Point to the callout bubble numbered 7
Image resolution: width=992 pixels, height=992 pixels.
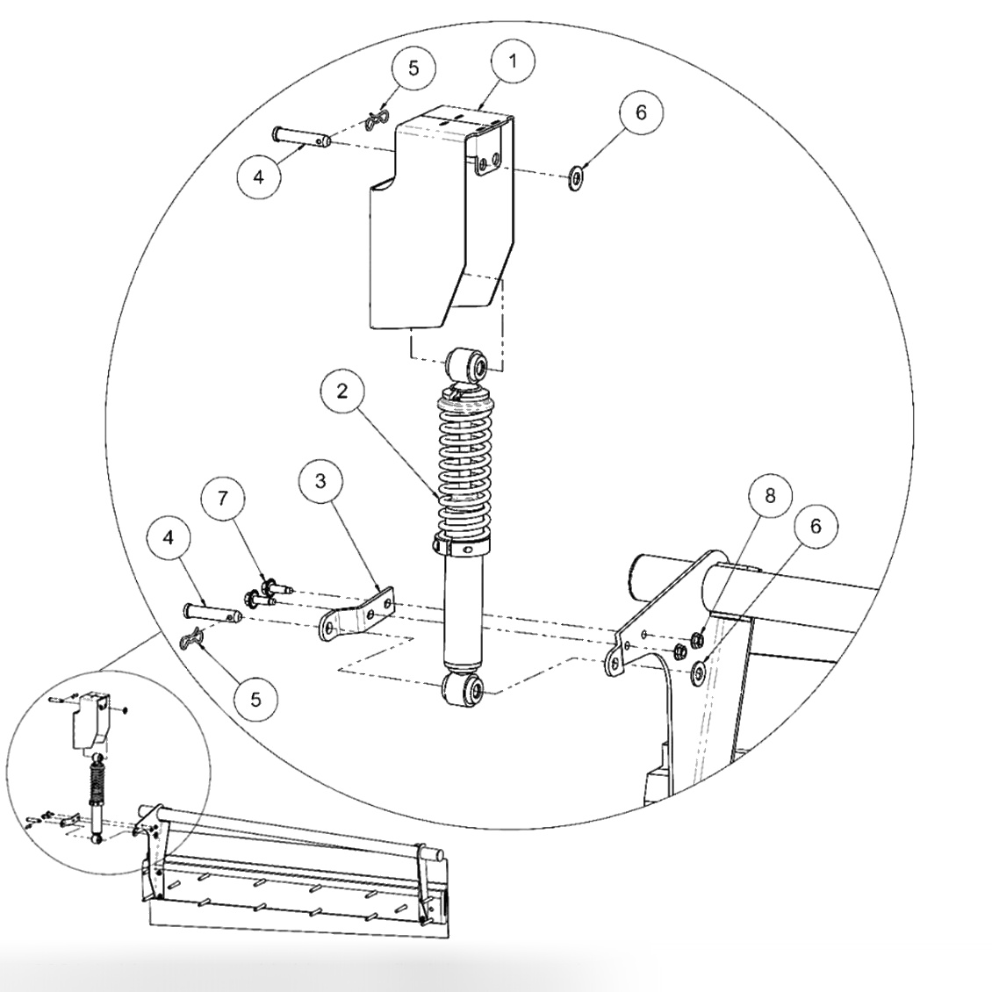pos(224,499)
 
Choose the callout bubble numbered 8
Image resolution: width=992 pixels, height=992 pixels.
pos(769,495)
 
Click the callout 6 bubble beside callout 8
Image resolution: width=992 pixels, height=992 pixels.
pos(815,526)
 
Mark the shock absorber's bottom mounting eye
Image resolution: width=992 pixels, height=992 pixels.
pos(464,689)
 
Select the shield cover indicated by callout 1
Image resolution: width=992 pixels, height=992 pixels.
pos(439,219)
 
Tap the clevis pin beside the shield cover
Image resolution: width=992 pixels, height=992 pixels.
pos(301,136)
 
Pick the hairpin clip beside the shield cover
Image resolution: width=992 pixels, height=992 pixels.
pos(378,119)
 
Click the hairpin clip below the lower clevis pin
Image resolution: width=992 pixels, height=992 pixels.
pos(197,642)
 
